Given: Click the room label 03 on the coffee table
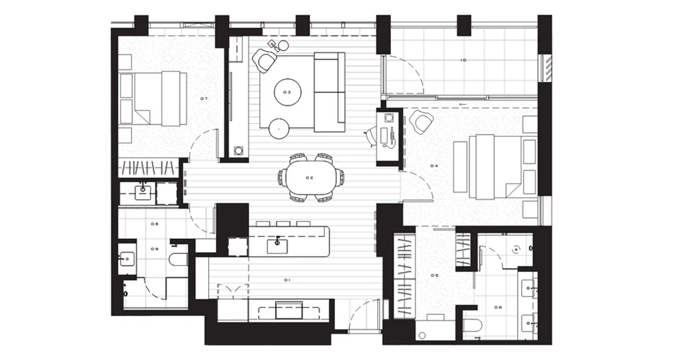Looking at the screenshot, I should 286,92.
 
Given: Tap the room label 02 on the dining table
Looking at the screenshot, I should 309,178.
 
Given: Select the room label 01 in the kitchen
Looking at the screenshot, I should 286,279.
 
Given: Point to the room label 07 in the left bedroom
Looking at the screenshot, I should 204,99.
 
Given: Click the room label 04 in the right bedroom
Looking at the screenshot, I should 434,166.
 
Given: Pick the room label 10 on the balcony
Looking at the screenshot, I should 463,60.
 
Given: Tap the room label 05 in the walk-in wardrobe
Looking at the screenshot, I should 435,275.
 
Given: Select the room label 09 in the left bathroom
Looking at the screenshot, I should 155,249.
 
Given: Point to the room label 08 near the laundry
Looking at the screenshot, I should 154,224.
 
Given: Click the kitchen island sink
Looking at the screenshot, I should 278,244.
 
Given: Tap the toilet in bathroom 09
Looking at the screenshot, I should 179,259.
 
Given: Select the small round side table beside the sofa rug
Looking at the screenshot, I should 279,128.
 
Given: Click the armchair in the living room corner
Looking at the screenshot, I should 264,60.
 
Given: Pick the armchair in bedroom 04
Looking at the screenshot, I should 421,122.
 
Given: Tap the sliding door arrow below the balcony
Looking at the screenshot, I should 463,104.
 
